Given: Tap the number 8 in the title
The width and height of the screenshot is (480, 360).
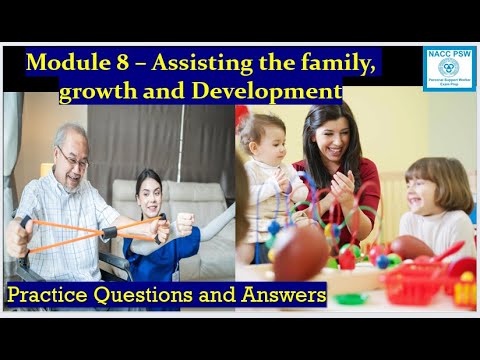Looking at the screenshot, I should click(x=116, y=63).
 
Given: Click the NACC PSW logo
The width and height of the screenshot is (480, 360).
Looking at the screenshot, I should click(x=449, y=69).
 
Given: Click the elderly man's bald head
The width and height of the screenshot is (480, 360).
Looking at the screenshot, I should click(x=70, y=135).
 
